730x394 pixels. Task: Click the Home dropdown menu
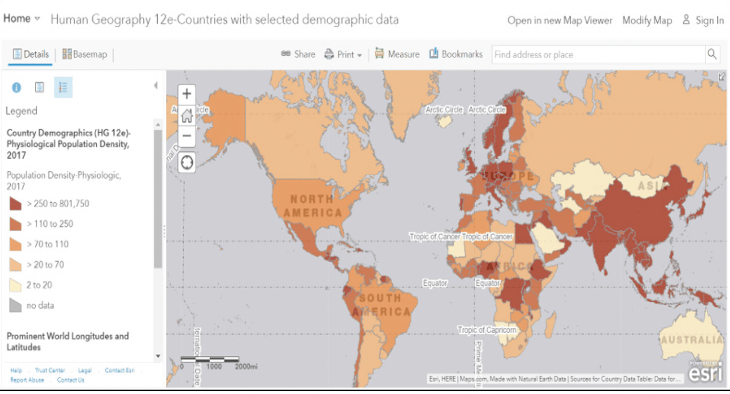(22, 19)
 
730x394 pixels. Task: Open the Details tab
(31, 54)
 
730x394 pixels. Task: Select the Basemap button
(85, 54)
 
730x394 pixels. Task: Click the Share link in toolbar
(298, 54)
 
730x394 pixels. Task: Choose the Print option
(343, 54)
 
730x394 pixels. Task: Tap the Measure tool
(397, 54)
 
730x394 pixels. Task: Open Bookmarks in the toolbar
(456, 54)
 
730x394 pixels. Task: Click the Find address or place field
(597, 55)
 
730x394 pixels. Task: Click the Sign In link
(704, 21)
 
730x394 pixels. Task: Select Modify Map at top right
(646, 21)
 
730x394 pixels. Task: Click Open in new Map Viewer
(560, 21)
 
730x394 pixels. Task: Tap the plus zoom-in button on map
(187, 94)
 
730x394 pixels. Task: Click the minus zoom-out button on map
(187, 136)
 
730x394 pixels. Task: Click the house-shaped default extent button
(187, 116)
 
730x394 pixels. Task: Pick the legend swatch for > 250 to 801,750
(15, 204)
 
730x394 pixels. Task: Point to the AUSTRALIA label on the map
(692, 340)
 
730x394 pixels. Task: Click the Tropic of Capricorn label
(487, 330)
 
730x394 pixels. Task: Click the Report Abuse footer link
(27, 381)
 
